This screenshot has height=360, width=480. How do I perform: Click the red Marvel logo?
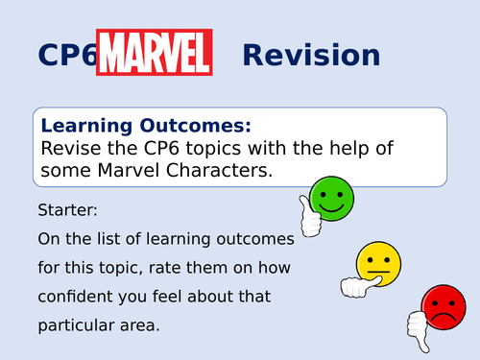pos(155,53)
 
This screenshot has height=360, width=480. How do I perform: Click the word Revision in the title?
pos(310,54)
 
